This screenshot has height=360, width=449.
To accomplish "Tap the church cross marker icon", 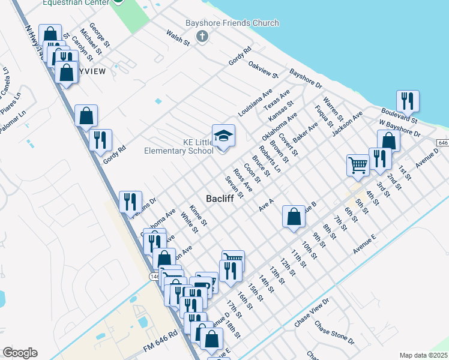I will point(203,37).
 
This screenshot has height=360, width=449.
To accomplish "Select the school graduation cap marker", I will point(223,136).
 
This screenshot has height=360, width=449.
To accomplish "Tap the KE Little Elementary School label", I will point(179,146).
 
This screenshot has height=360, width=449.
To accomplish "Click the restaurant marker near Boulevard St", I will point(408,101).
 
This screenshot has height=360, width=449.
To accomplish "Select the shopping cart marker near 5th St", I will point(358,164).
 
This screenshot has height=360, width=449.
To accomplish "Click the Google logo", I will point(19,353).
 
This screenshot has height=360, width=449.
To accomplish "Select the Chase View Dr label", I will point(312,313).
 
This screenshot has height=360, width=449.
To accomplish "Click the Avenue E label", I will point(364,245).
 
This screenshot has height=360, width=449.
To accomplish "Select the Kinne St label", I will point(198,215).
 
